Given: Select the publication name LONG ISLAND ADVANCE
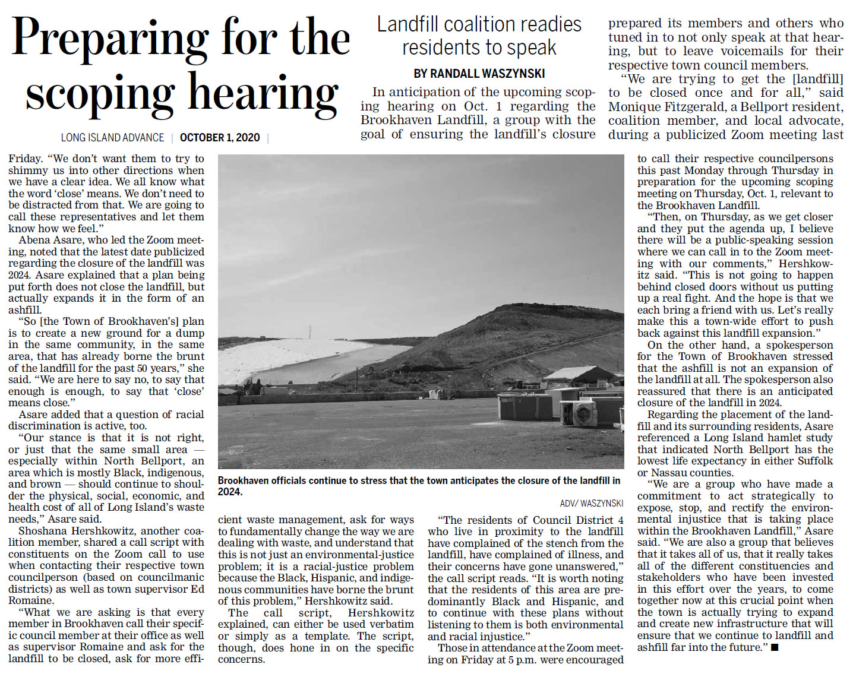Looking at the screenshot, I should [x=112, y=138].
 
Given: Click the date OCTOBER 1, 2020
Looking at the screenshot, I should [x=220, y=138].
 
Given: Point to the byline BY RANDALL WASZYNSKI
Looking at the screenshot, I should [x=479, y=74].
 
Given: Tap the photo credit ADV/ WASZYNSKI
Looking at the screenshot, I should [x=592, y=503].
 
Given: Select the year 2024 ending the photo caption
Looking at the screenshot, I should [x=230, y=492].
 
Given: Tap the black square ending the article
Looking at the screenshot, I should [x=775, y=648].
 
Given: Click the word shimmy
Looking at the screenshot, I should [x=28, y=170].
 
